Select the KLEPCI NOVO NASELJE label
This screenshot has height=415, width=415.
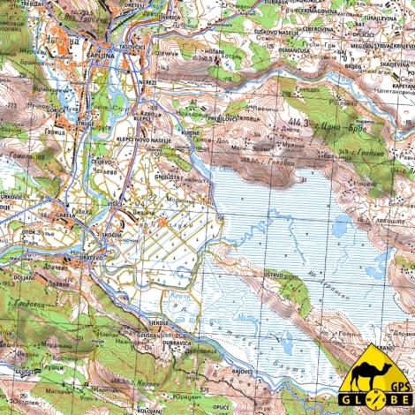pyautogui.click(x=149, y=140)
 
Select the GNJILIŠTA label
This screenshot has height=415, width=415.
pyautogui.click(x=168, y=176)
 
